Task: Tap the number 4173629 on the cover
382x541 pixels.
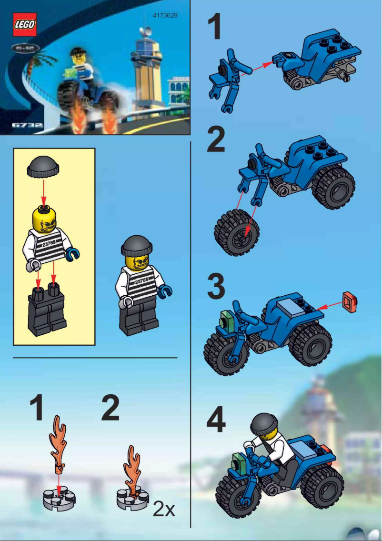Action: (165, 15)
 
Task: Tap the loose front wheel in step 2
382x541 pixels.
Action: (237, 233)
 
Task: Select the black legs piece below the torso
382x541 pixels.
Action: (47, 310)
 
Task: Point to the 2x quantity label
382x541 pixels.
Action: (164, 510)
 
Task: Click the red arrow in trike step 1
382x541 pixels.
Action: (255, 68)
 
